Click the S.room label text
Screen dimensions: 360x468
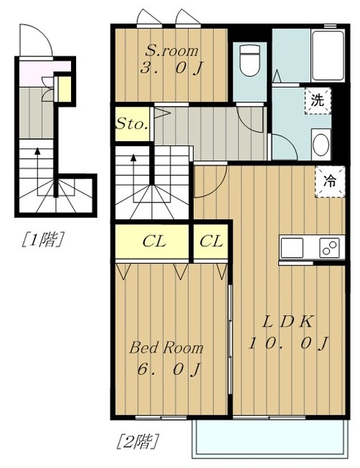point(172,50)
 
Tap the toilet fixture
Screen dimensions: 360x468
point(250,60)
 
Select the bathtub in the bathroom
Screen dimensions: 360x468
point(328,56)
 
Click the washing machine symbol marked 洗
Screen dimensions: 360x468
point(318,101)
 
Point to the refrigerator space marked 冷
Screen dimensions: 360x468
point(330,181)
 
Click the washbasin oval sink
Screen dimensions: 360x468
point(321,145)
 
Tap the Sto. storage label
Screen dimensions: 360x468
point(132,124)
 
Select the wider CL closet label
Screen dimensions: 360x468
point(154,241)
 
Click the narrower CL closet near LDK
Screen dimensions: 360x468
point(211,241)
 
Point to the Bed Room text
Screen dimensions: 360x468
point(166,348)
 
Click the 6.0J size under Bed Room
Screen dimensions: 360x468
point(168,370)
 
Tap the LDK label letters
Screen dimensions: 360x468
point(288,322)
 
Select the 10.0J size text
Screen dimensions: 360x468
point(288,343)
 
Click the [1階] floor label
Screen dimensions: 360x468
point(42,239)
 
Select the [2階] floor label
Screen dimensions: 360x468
point(137,441)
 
